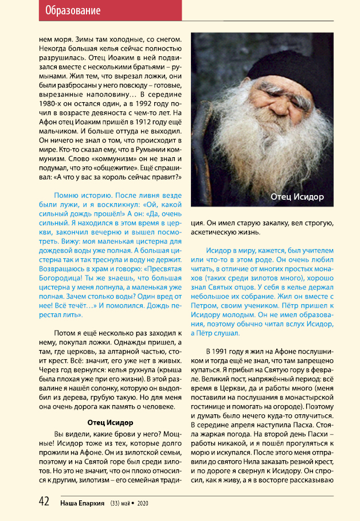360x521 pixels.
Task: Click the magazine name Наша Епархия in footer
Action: tap(84, 503)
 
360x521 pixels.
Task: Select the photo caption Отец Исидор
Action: tap(297, 197)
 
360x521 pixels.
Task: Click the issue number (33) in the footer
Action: tap(118, 503)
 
